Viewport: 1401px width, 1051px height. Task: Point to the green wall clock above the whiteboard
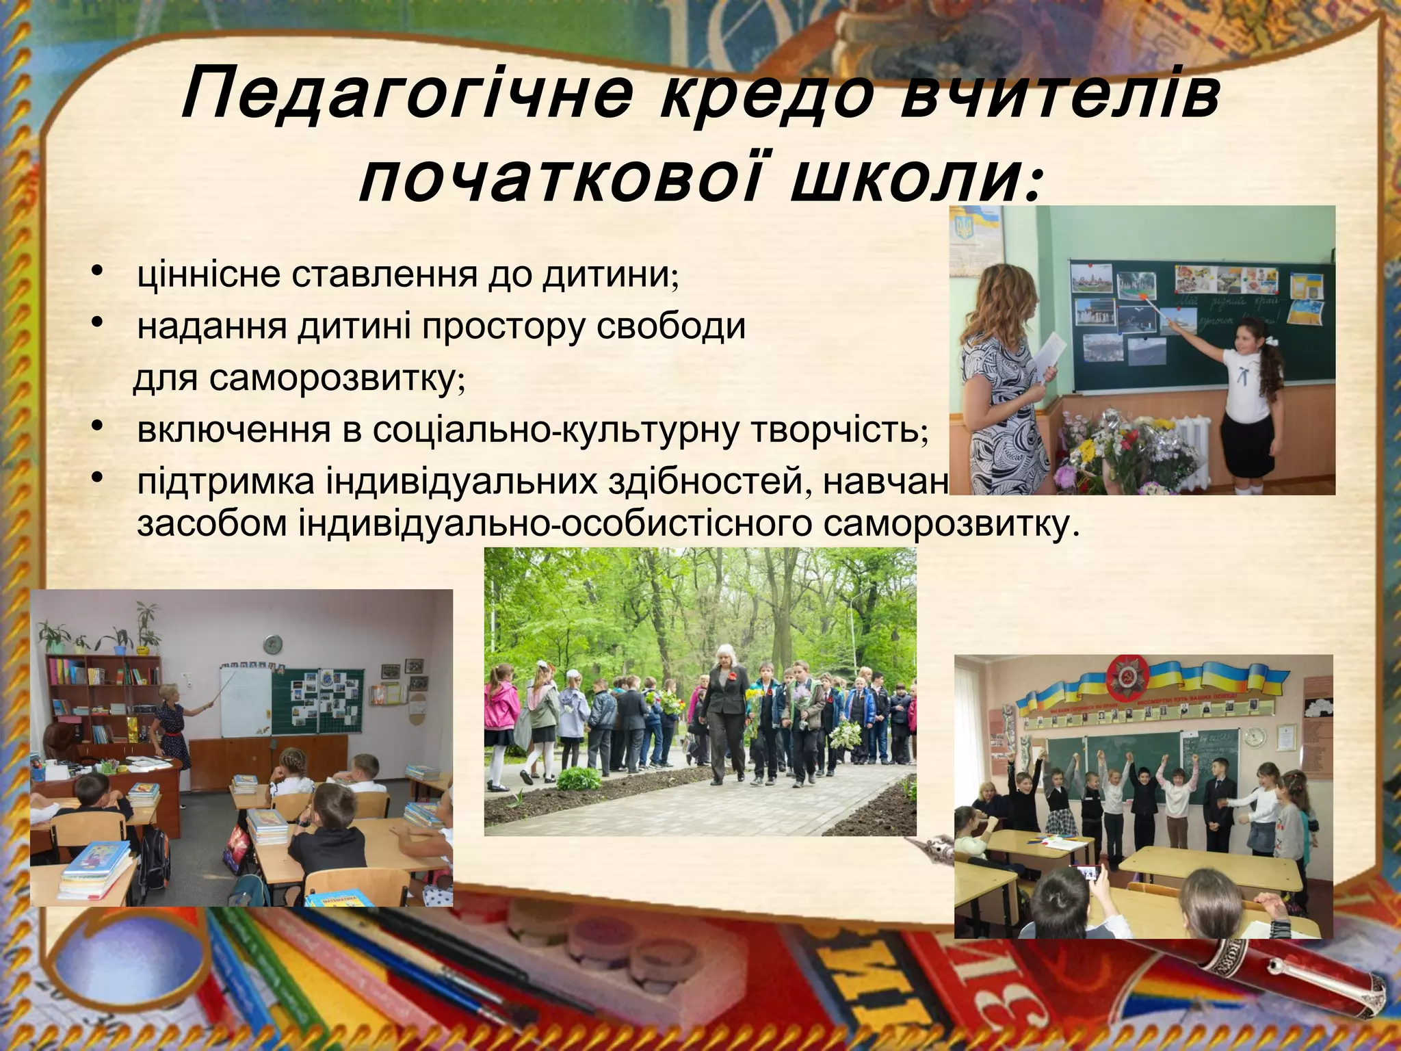pyautogui.click(x=273, y=644)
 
